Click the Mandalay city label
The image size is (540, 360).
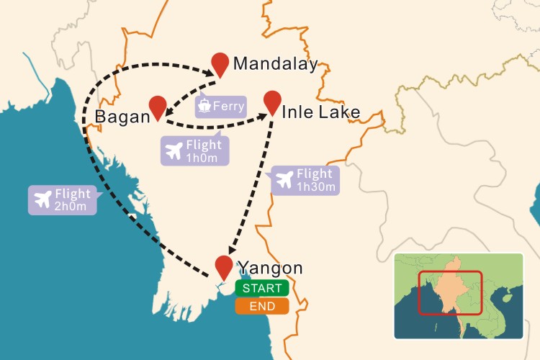pyautogui.click(x=275, y=64)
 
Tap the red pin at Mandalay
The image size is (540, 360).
pyautogui.click(x=220, y=63)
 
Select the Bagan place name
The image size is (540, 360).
pyautogui.click(x=122, y=117)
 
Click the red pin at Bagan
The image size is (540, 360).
pyautogui.click(x=158, y=107)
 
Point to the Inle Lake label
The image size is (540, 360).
pyautogui.click(x=320, y=112)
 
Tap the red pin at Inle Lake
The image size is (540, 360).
pyautogui.click(x=272, y=102)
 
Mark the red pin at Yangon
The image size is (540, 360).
pyautogui.click(x=225, y=266)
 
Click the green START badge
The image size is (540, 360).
pyautogui.click(x=262, y=288)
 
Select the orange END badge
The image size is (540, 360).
pyautogui.click(x=262, y=306)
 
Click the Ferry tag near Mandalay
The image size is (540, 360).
pyautogui.click(x=220, y=107)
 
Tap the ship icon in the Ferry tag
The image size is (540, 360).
pyautogui.click(x=205, y=107)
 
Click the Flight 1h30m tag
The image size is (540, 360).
pyautogui.click(x=305, y=180)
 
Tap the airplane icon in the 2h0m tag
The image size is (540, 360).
pyautogui.click(x=42, y=199)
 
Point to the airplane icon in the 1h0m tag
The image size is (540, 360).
pyautogui.click(x=174, y=151)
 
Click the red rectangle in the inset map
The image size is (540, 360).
pyautogui.click(x=451, y=292)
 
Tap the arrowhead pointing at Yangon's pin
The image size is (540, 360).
pyautogui.click(x=229, y=250)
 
